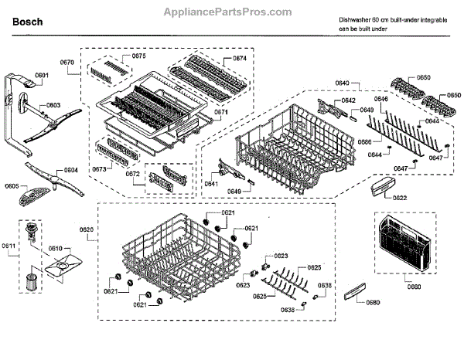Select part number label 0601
pos(42,75)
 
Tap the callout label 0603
pos(53,105)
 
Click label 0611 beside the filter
pos(9,246)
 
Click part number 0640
pos(342,83)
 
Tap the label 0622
pos(399,198)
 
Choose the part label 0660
pos(414,287)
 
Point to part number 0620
pos(86,230)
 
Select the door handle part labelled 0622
pos(382,186)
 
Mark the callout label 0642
pos(349,101)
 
